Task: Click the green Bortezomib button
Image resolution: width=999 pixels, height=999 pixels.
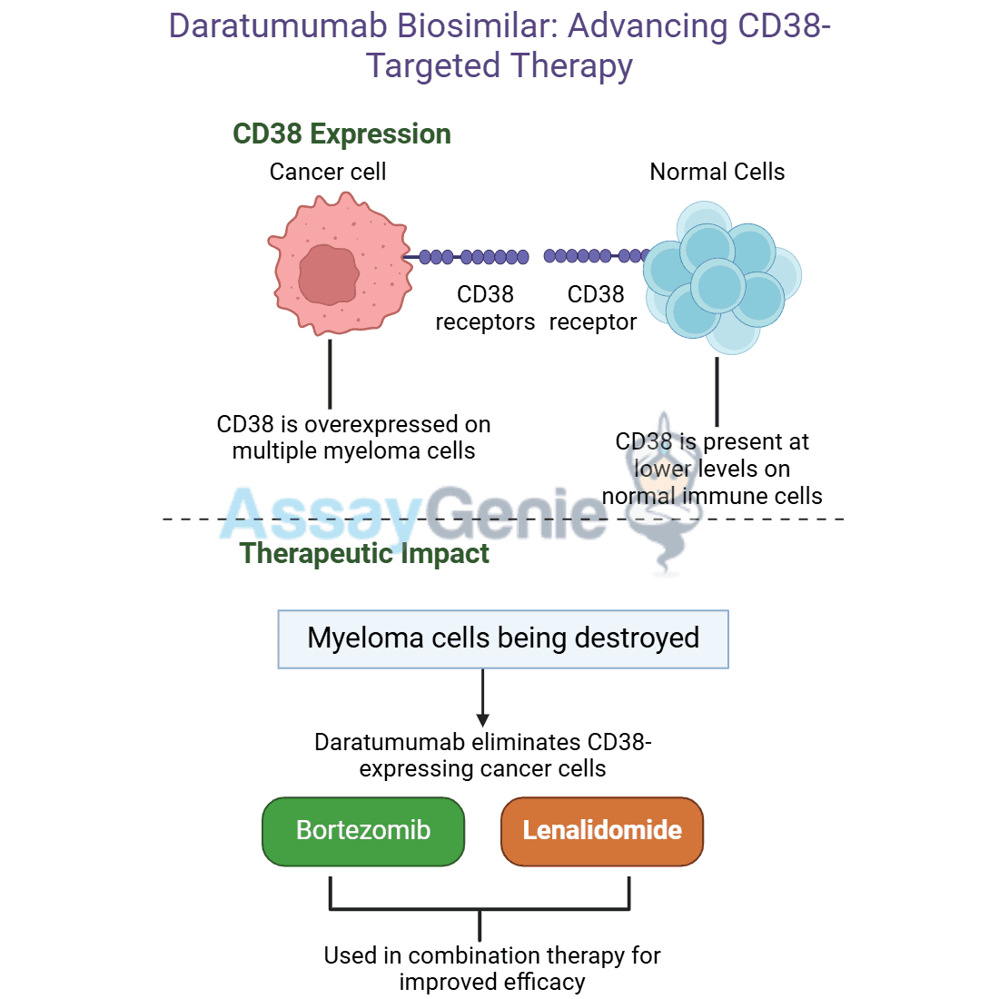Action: click(x=363, y=831)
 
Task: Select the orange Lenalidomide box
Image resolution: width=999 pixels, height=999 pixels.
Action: click(x=602, y=831)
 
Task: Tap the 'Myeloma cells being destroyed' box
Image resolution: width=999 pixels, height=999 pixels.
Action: click(x=503, y=639)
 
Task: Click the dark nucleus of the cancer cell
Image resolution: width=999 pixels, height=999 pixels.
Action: click(x=329, y=274)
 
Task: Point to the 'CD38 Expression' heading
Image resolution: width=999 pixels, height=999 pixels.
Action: click(x=341, y=134)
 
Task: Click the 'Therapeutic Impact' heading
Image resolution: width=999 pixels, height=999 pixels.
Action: click(x=364, y=553)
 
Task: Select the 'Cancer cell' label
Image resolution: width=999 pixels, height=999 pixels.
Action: click(x=328, y=172)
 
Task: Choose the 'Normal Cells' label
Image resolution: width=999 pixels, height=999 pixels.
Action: click(x=717, y=172)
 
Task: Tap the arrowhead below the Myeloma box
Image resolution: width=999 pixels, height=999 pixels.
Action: click(x=483, y=720)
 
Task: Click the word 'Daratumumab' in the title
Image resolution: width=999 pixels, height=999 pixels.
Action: click(x=278, y=26)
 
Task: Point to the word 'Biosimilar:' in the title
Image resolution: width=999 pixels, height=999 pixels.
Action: click(x=478, y=26)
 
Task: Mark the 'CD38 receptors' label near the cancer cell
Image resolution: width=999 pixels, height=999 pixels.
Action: click(x=485, y=308)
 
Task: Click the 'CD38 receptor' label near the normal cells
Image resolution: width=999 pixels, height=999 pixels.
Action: click(x=593, y=308)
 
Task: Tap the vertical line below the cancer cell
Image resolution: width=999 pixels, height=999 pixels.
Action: click(x=330, y=374)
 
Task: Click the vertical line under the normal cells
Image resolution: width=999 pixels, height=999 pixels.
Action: click(x=717, y=391)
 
